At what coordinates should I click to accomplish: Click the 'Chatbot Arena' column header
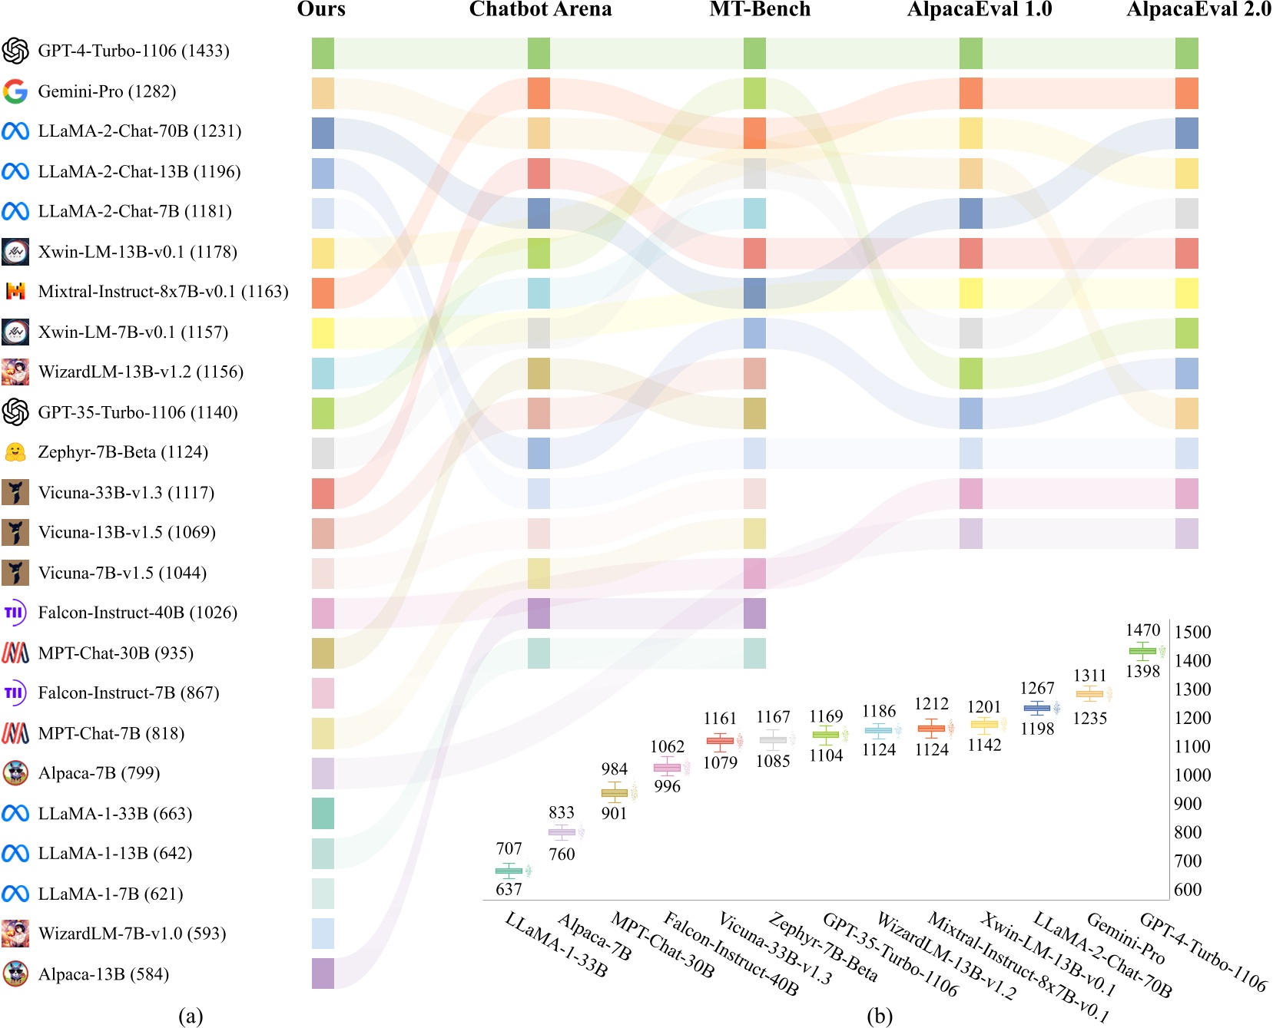[540, 9]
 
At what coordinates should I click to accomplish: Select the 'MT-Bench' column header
[760, 9]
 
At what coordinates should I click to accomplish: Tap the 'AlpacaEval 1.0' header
[979, 9]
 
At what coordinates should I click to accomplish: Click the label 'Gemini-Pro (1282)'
[107, 91]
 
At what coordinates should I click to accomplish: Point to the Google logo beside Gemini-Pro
[15, 91]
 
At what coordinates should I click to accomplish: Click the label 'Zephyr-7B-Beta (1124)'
[123, 452]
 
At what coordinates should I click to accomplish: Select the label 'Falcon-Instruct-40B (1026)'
[138, 613]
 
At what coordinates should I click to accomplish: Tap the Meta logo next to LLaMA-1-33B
[15, 813]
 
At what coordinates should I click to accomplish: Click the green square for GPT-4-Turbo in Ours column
[323, 53]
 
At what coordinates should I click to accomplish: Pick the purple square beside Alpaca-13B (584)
[323, 973]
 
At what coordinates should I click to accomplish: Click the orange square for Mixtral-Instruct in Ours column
[323, 293]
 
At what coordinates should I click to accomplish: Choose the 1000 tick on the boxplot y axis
[1192, 775]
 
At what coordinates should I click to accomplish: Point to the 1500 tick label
[1192, 633]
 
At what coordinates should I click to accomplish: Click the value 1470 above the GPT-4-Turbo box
[1142, 630]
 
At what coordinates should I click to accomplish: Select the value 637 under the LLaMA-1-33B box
[509, 889]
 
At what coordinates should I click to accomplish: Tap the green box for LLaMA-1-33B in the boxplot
[509, 871]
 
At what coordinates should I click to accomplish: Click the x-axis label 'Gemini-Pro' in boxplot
[1125, 937]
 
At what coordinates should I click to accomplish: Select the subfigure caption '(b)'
[879, 1016]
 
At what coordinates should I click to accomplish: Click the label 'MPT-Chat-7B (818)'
[111, 733]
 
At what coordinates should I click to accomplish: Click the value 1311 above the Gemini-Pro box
[1089, 676]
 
